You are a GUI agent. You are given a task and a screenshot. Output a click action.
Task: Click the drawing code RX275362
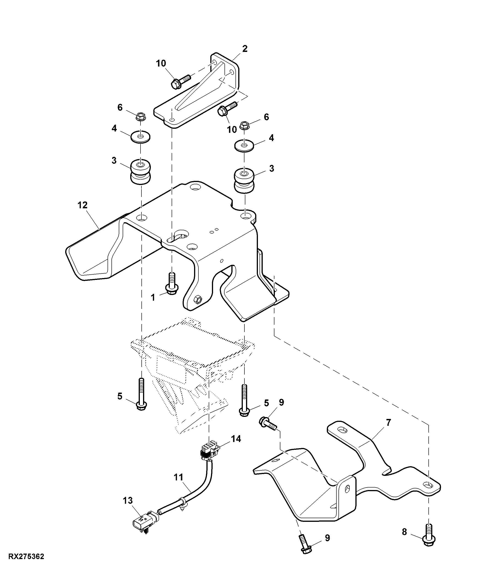[x=26, y=557]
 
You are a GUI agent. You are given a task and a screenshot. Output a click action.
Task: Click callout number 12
[x=82, y=205]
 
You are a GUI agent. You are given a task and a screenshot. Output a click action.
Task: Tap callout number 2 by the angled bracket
[x=245, y=49]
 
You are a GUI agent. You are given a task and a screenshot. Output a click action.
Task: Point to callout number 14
[x=236, y=439]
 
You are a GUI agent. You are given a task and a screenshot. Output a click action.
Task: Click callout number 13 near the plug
[x=127, y=501]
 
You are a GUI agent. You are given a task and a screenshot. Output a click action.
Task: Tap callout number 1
[x=153, y=297]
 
